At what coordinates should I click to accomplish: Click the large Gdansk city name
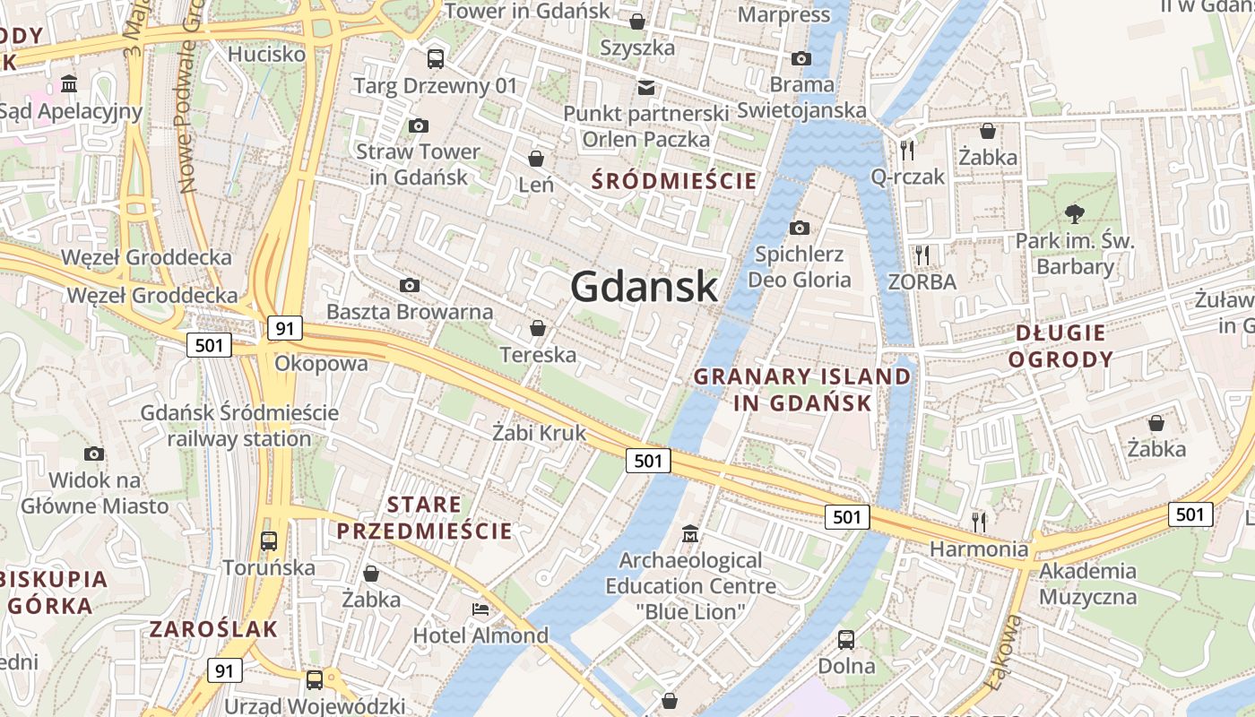[644, 287]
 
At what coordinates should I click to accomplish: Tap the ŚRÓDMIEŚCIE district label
[674, 181]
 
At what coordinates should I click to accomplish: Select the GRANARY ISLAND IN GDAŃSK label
[802, 390]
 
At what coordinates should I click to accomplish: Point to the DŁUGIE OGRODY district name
[1060, 347]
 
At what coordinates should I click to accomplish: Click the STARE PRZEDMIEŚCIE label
[424, 517]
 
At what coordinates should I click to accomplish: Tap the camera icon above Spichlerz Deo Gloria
[799, 228]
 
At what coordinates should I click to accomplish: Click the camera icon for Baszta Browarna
[410, 285]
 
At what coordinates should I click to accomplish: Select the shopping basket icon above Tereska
[538, 328]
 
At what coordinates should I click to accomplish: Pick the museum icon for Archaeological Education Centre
[690, 534]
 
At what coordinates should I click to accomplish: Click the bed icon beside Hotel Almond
[480, 609]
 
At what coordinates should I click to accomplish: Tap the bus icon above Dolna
[845, 640]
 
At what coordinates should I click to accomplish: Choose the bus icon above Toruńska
[268, 541]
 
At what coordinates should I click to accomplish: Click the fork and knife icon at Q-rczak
[907, 149]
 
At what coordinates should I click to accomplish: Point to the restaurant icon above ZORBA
[922, 255]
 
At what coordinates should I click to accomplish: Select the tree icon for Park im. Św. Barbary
[1074, 213]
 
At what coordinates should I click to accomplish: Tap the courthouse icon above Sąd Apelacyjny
[69, 84]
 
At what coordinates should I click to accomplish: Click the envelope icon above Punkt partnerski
[645, 87]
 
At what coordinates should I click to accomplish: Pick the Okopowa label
[321, 363]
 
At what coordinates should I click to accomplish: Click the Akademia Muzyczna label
[1088, 583]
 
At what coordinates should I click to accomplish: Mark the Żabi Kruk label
[539, 433]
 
